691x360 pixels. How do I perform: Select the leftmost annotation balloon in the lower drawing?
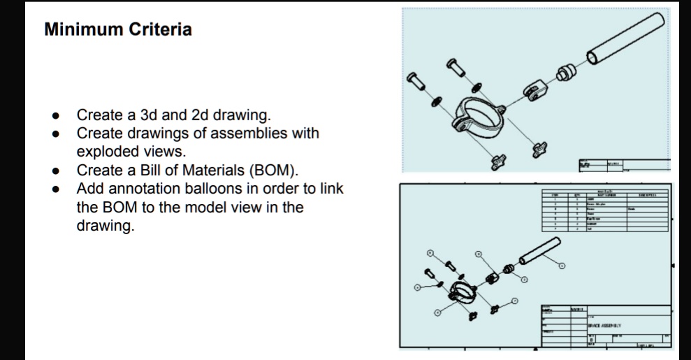pyautogui.click(x=416, y=286)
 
